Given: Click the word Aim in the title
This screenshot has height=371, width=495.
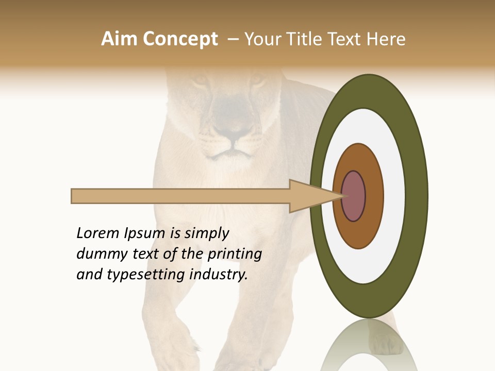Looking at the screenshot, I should [119, 39].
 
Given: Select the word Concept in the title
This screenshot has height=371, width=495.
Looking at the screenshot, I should [180, 39].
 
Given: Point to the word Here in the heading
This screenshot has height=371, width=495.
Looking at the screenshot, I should [386, 39].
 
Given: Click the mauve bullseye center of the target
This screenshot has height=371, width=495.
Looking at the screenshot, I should [353, 196].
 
